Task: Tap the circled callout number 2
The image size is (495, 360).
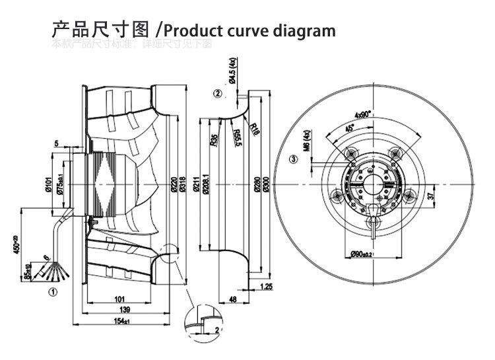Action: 218,93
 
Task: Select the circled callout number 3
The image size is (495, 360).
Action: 293,159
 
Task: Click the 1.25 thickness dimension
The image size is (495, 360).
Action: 267,286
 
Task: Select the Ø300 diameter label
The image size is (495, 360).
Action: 266,182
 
